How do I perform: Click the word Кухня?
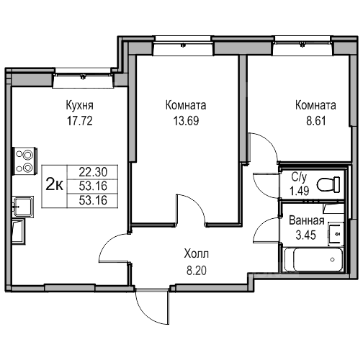coord(80,105)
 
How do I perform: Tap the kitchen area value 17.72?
coord(80,121)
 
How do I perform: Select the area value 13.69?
coord(186,121)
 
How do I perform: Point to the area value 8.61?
coord(316,121)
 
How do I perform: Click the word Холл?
coord(197,253)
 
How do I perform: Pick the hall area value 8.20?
coord(197,271)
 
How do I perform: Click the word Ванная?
coord(307,220)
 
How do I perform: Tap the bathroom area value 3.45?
coord(305,235)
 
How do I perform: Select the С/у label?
coord(299,177)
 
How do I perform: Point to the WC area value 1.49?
coord(300,191)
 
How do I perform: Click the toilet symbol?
coord(328,184)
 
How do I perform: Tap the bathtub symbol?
coord(313,259)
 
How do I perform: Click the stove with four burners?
coord(24,161)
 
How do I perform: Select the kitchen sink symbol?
coord(23,207)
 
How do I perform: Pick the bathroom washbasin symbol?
coord(336,234)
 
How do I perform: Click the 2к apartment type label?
coord(55,185)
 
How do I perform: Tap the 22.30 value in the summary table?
coord(93,172)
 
